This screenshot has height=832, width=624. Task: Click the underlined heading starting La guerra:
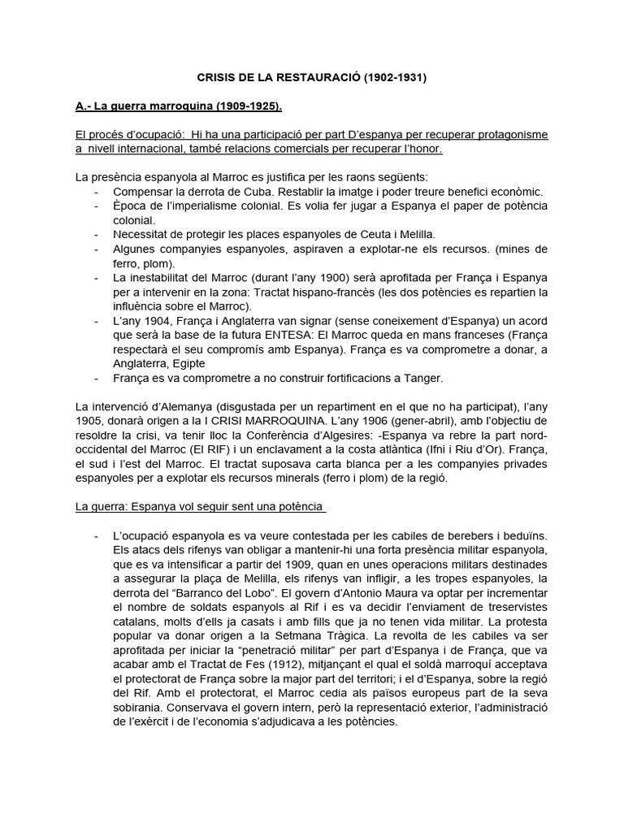[x=200, y=507]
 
